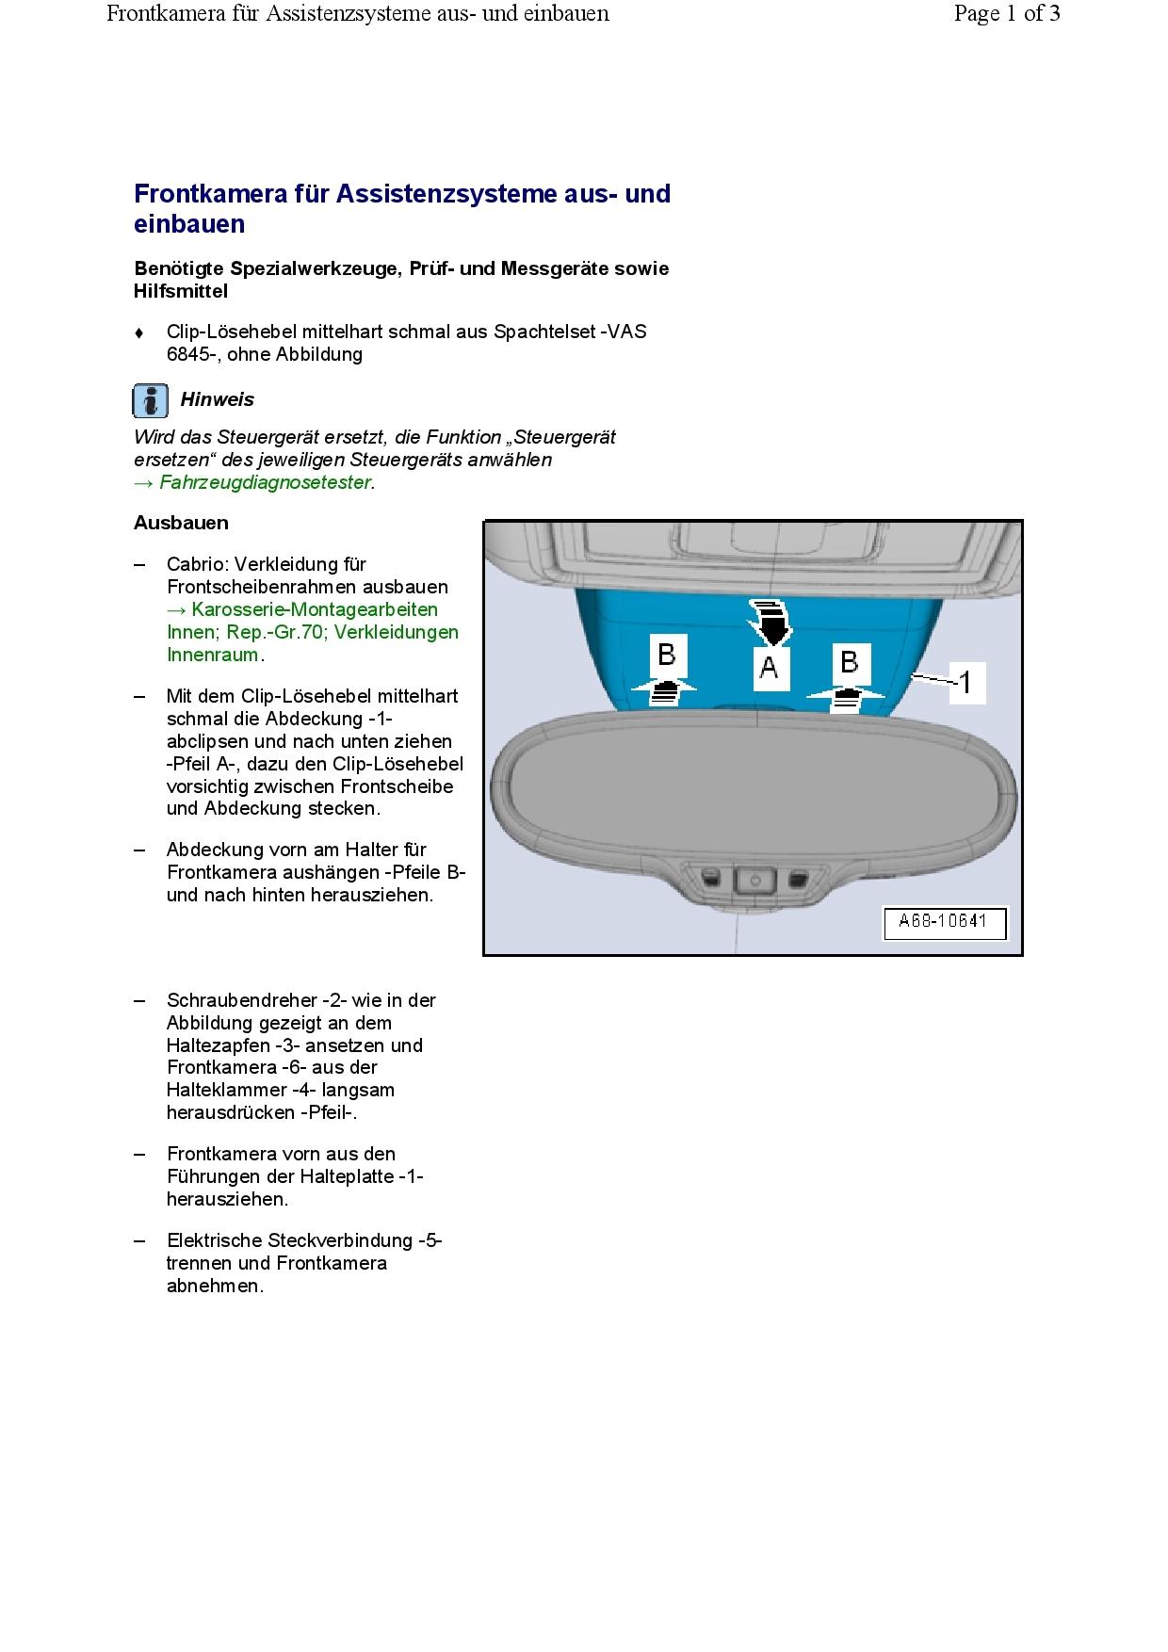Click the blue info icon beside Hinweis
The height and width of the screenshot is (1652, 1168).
(x=151, y=400)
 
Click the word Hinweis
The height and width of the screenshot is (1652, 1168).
(x=217, y=399)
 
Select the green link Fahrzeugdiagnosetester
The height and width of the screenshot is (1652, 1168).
(x=266, y=482)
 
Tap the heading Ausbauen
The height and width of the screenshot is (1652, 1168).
(x=181, y=523)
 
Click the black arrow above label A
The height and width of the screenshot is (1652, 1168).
(x=771, y=620)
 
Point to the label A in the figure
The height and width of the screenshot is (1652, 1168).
(x=770, y=668)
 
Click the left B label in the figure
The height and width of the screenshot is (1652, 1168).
(x=666, y=655)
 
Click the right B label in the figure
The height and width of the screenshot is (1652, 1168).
(x=849, y=662)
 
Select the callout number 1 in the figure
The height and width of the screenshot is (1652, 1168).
(x=965, y=681)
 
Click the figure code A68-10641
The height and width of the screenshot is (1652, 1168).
(x=943, y=921)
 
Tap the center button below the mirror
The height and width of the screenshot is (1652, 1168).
(x=754, y=880)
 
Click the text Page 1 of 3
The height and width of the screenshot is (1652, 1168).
(x=1006, y=13)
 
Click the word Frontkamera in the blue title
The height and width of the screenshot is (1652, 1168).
(x=210, y=194)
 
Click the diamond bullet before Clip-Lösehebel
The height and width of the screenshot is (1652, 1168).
(x=139, y=332)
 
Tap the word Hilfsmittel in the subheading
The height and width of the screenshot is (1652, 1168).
(x=181, y=291)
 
